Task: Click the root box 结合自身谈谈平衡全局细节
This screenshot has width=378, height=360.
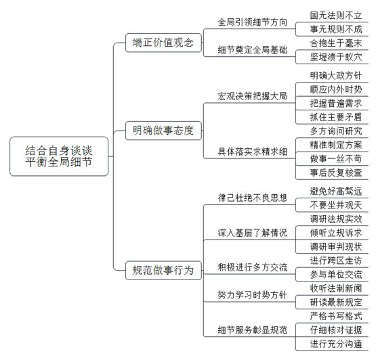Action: tap(59, 156)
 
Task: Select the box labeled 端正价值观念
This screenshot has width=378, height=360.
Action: tap(163, 43)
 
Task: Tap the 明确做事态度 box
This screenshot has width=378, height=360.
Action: tap(163, 131)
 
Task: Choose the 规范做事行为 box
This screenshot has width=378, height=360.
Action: tap(163, 270)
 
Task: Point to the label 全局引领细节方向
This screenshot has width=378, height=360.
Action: tap(253, 22)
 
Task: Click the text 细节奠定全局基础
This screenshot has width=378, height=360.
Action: tap(253, 50)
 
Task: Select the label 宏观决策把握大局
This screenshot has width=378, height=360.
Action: tap(253, 96)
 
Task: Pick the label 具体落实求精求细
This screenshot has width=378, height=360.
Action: tap(253, 152)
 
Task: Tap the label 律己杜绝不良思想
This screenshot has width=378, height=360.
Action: tap(253, 198)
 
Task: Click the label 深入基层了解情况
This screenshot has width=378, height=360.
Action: tap(253, 233)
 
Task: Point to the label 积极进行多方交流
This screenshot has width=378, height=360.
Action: tap(253, 267)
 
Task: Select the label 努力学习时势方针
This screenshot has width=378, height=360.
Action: tap(253, 295)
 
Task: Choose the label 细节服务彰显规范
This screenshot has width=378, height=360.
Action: tap(253, 330)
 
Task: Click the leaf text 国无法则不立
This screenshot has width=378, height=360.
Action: tap(336, 16)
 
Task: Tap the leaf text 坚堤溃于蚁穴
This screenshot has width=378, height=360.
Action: tap(336, 57)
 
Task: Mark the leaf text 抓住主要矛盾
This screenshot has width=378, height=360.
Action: tap(336, 117)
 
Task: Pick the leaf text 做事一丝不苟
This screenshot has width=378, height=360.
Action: tap(336, 159)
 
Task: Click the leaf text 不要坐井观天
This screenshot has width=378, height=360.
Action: tap(336, 205)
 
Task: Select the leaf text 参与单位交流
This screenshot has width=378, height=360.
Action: tap(336, 275)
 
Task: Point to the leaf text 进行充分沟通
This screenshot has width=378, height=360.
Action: tap(336, 344)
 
